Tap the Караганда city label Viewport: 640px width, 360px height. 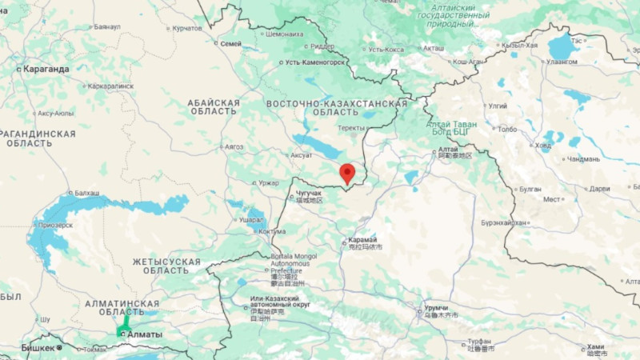pos(46,69)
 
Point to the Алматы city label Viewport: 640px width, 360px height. pos(145,334)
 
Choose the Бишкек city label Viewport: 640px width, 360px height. pos(38,348)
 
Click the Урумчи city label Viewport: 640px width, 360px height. pos(436,308)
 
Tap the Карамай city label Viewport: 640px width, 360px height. pos(362,241)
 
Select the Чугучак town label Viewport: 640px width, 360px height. pos(308,194)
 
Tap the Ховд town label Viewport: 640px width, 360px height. pos(543,145)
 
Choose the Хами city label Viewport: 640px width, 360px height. pos(595,346)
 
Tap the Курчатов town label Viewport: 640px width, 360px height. pos(186,28)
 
